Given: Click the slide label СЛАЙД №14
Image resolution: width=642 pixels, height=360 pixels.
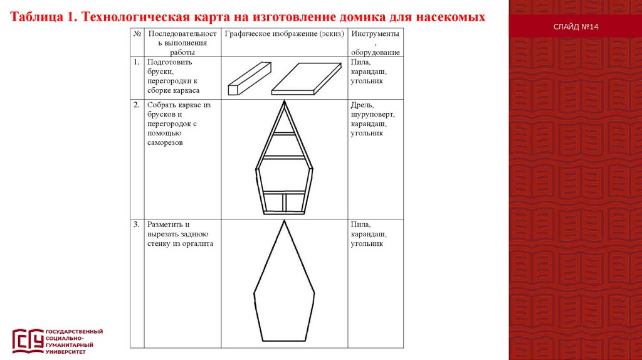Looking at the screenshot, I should pyautogui.click(x=576, y=28).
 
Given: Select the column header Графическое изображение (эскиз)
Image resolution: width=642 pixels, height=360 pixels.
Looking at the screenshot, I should pyautogui.click(x=285, y=33).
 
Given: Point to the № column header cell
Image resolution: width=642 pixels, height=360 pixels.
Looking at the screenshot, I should pyautogui.click(x=137, y=33).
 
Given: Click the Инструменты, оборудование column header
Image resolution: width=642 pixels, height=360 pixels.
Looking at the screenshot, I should pyautogui.click(x=375, y=42).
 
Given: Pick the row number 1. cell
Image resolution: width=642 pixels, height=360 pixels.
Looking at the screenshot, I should pyautogui.click(x=136, y=62).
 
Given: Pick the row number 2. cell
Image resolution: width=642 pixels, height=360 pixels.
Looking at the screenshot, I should pyautogui.click(x=136, y=105).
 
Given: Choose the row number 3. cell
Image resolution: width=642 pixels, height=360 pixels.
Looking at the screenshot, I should pyautogui.click(x=136, y=224).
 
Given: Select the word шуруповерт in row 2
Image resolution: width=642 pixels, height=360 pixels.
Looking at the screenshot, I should pyautogui.click(x=372, y=114).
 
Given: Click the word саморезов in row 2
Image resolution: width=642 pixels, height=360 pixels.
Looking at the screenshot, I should pyautogui.click(x=165, y=143).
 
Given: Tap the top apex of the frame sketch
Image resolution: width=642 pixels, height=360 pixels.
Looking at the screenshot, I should pyautogui.click(x=284, y=101).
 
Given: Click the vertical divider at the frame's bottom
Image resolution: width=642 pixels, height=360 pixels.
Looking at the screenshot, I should pyautogui.click(x=284, y=203).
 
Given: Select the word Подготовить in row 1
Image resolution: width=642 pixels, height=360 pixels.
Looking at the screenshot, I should pyautogui.click(x=169, y=62).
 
